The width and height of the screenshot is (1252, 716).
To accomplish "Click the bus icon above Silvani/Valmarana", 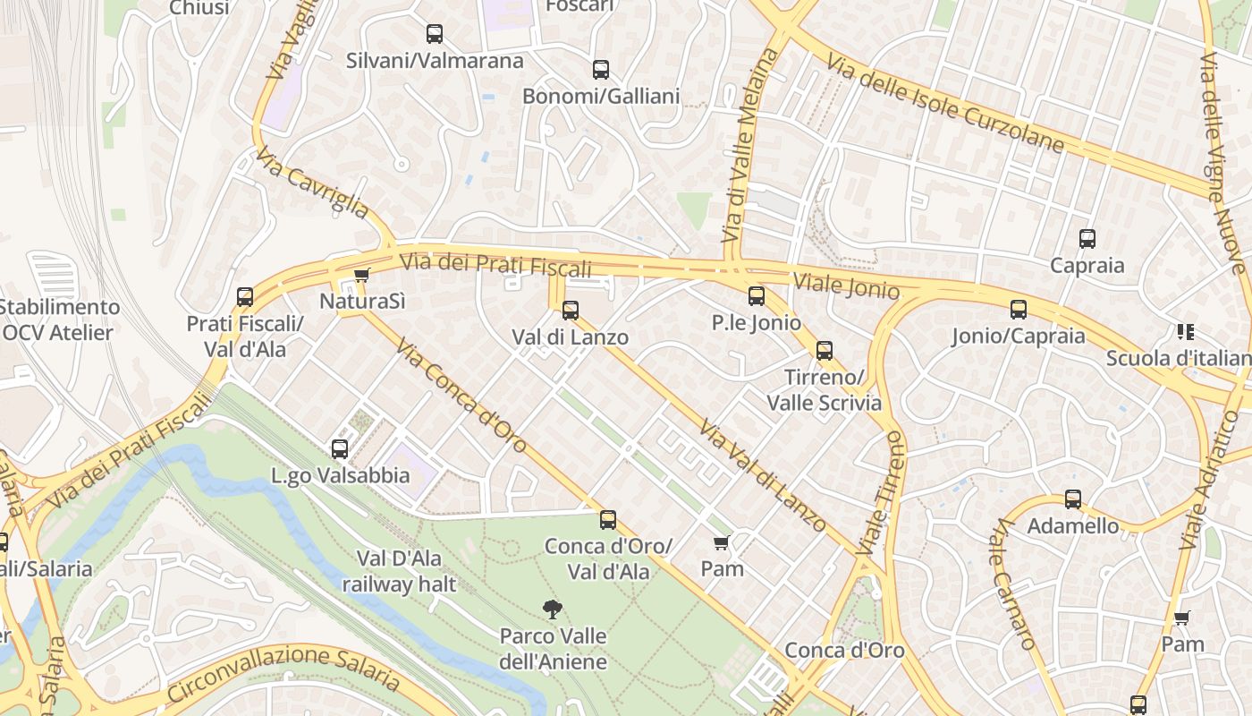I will [435, 35].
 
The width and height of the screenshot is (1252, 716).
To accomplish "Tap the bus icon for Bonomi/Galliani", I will [601, 70].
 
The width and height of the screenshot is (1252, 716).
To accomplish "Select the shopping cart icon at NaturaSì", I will [361, 275].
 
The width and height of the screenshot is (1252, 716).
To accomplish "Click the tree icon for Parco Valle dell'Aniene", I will [553, 609].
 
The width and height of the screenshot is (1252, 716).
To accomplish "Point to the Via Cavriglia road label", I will [312, 183].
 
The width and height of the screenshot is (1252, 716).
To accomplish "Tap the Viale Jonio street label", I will [845, 285].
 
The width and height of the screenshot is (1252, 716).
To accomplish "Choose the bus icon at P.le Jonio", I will [757, 296].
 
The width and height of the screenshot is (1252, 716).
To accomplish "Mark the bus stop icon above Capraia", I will [1087, 239].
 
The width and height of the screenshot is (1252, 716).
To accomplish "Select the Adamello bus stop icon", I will [1073, 499].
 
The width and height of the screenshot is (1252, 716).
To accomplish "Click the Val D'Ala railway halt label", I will [399, 572].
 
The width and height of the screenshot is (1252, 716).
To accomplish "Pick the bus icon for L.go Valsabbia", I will [340, 449].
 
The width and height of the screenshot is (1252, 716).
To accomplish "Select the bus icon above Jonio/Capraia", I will [1019, 310].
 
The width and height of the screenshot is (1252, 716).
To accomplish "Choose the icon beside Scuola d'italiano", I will [1186, 332].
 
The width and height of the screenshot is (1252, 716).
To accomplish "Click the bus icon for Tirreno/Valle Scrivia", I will [825, 351].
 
